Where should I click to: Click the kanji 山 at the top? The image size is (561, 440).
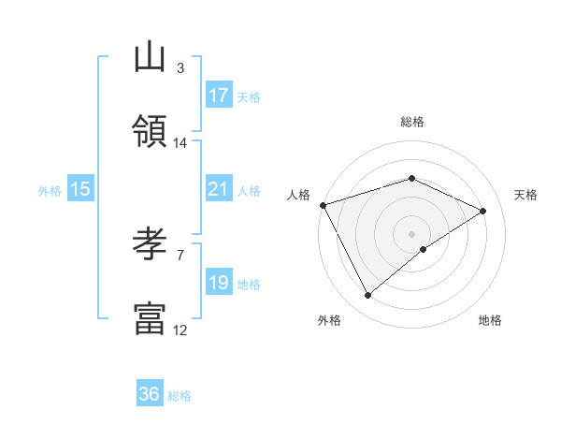[150, 57]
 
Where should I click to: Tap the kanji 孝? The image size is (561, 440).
[150, 245]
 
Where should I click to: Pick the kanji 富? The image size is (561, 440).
[150, 318]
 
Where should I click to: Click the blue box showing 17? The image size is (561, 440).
[219, 95]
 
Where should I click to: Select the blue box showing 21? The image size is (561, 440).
[219, 189]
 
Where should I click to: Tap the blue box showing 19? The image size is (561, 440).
[219, 283]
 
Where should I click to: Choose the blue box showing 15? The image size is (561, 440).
[80, 189]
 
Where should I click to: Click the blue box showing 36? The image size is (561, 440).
[150, 394]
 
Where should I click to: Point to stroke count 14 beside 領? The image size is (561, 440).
[180, 142]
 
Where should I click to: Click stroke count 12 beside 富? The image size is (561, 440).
[180, 330]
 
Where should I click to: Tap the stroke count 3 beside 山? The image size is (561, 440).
[180, 68]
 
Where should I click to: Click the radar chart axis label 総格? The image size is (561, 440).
[412, 122]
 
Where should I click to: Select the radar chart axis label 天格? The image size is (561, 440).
[525, 195]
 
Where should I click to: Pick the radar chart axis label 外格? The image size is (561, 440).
[329, 321]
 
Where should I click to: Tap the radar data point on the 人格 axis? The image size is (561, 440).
[323, 204]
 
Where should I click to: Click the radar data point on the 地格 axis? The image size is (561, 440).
[424, 249]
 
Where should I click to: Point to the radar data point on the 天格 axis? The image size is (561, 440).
[483, 211]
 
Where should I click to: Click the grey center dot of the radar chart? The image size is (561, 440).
[412, 233]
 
